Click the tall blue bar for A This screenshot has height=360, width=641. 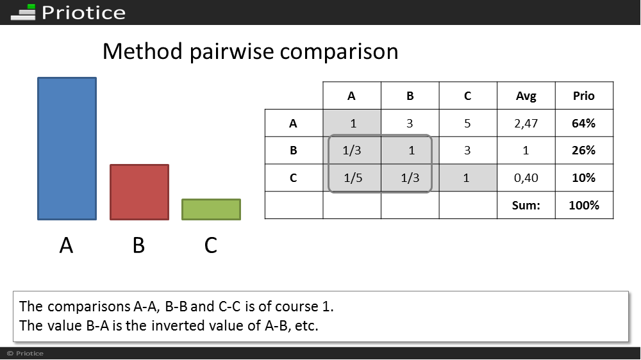[x=67, y=149]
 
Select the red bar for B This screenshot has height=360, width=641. [x=139, y=192]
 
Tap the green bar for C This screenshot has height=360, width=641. [x=212, y=209]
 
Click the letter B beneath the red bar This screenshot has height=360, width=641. [x=138, y=245]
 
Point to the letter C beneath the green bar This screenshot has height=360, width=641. [x=210, y=245]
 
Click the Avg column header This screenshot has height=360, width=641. [x=526, y=96]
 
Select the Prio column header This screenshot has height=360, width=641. [x=584, y=96]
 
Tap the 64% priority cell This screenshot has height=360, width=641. [x=584, y=123]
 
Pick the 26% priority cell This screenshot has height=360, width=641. [x=584, y=151]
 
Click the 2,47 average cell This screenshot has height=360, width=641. [x=526, y=124]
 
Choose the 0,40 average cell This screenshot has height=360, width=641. [x=526, y=177]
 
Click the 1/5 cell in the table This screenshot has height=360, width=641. [x=353, y=177]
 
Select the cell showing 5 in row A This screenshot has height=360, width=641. [x=468, y=124]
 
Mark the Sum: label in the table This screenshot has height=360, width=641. [x=526, y=205]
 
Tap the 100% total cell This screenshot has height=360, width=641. [x=584, y=205]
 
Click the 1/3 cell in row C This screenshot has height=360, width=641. [x=410, y=177]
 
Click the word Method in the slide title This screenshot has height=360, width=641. [x=142, y=51]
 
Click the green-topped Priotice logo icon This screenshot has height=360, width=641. [x=23, y=12]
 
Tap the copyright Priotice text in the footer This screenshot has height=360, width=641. [x=26, y=354]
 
